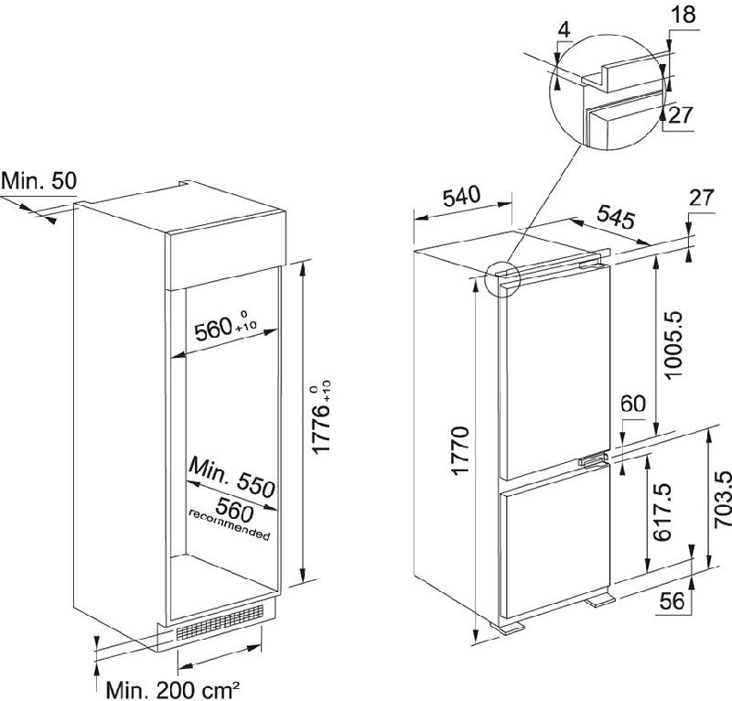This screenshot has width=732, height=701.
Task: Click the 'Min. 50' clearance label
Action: pos(38,181)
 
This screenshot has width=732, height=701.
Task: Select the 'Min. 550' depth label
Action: pos(232,479)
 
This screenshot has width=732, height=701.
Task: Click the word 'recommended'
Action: pos(230,525)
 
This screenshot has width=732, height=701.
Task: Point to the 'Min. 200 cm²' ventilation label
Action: pos(173,689)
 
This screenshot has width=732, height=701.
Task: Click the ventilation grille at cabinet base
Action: pos(220,621)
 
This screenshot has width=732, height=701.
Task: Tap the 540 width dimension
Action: pos(461,197)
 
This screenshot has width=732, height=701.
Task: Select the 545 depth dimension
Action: pos(616,217)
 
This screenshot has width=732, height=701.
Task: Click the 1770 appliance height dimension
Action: pos(460,451)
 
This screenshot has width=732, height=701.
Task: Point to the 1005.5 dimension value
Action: pos(673,346)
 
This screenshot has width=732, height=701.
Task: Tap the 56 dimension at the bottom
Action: pos(672,601)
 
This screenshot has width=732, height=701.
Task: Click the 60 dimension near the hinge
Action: pos(633,404)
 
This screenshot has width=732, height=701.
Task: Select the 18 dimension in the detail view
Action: pos(684,15)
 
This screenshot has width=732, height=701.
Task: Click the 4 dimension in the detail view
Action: pos(564,30)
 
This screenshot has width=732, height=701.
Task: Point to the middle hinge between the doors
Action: pos(593,460)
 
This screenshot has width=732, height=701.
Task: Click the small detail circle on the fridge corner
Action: pos(502,279)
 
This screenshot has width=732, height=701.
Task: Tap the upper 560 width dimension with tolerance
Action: pos(225,328)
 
